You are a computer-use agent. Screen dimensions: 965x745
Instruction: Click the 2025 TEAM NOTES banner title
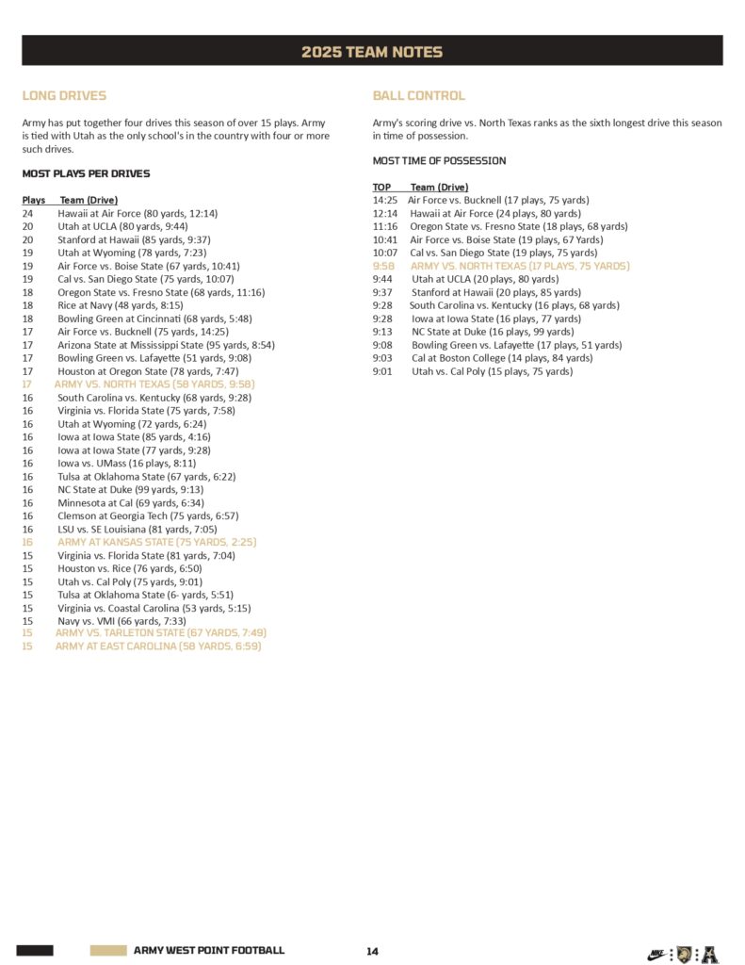(372, 52)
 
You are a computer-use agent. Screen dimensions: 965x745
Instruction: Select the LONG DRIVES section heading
(64, 95)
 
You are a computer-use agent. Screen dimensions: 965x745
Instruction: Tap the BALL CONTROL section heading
(419, 95)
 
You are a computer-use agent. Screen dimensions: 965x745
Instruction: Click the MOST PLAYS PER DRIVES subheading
(86, 173)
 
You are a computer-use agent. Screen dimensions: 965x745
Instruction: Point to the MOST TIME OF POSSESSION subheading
(439, 161)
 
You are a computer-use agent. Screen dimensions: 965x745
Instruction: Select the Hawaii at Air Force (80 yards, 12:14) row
(138, 213)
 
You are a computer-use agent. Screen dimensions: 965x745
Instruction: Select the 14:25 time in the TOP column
(384, 200)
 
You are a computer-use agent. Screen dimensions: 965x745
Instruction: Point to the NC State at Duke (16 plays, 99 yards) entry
(493, 332)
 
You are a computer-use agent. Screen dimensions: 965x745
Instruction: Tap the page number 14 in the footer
(372, 951)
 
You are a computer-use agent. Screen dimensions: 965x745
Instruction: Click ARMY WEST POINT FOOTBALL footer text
(208, 951)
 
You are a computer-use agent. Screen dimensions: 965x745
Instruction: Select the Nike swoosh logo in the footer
(657, 954)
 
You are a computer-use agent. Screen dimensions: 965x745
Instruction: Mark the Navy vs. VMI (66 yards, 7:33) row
(121, 620)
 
